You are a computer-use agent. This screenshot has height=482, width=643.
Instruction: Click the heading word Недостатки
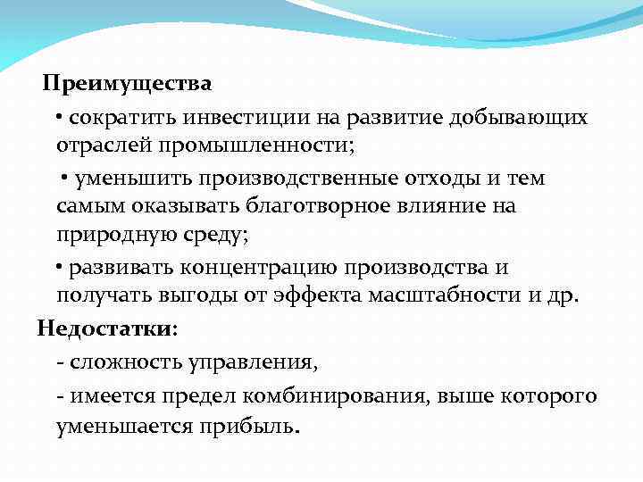click(x=104, y=328)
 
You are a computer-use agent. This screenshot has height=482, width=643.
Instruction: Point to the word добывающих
click(x=520, y=117)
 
